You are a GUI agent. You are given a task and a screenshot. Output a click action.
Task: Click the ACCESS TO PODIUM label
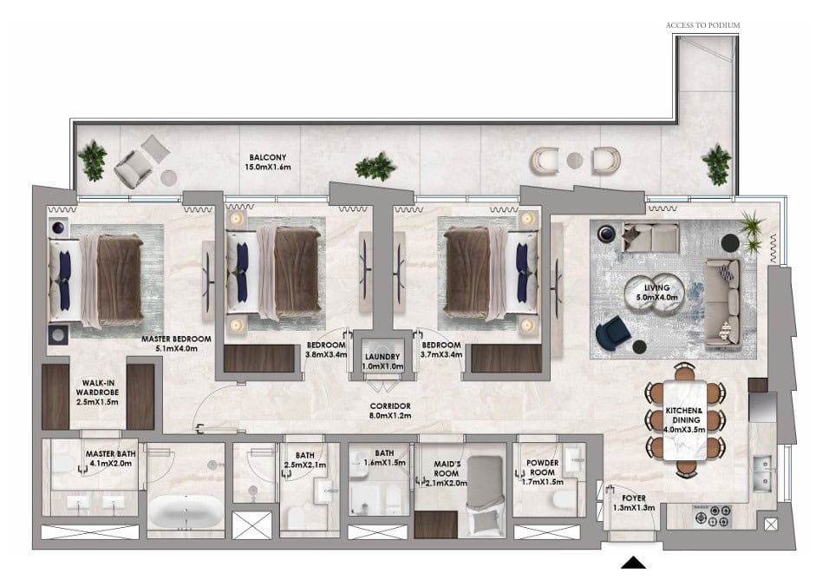(x=702, y=25)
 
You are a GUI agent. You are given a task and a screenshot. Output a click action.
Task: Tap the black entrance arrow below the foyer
(x=633, y=563)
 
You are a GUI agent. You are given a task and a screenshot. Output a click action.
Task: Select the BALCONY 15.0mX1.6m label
(x=267, y=162)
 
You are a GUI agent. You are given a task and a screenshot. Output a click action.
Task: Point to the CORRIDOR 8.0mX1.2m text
(x=390, y=411)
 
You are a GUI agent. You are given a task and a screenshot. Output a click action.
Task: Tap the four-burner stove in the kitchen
(x=713, y=515)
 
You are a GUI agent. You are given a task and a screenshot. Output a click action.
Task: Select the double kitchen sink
(x=762, y=474)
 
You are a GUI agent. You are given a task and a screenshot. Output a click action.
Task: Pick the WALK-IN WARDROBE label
(x=97, y=392)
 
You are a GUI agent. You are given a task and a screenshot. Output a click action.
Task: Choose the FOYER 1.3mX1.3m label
(x=633, y=503)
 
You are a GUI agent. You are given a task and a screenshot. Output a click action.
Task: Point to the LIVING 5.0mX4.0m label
(x=656, y=293)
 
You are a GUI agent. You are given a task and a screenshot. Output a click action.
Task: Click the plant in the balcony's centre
(x=375, y=167)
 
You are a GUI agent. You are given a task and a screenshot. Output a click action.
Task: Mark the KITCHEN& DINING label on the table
(x=684, y=420)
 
